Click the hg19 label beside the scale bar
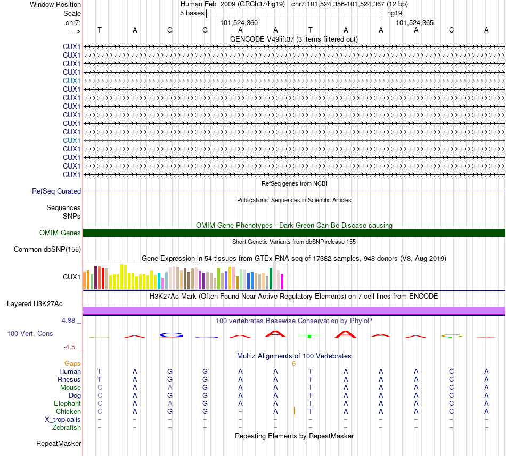[x=395, y=13]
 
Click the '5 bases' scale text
[x=192, y=13]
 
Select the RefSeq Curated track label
[x=56, y=191]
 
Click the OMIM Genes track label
[x=60, y=233]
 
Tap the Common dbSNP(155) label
[x=47, y=249]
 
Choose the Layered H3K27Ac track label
[x=35, y=304]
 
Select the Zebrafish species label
[x=67, y=427]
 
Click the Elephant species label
[x=67, y=403]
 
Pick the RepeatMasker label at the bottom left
[x=59, y=443]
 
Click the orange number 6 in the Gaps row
[x=293, y=363]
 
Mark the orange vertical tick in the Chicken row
[x=294, y=411]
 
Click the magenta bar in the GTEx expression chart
[x=282, y=281]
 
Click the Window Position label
[x=55, y=4]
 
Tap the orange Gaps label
[x=72, y=363]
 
